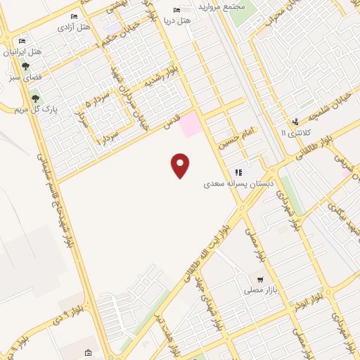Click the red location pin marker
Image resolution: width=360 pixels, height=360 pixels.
click(181, 165)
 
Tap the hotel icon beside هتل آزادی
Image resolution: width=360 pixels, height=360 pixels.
click(75, 16)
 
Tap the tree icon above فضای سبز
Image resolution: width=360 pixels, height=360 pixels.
click(25, 67)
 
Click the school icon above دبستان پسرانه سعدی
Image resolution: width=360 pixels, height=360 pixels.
click(239, 172)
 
